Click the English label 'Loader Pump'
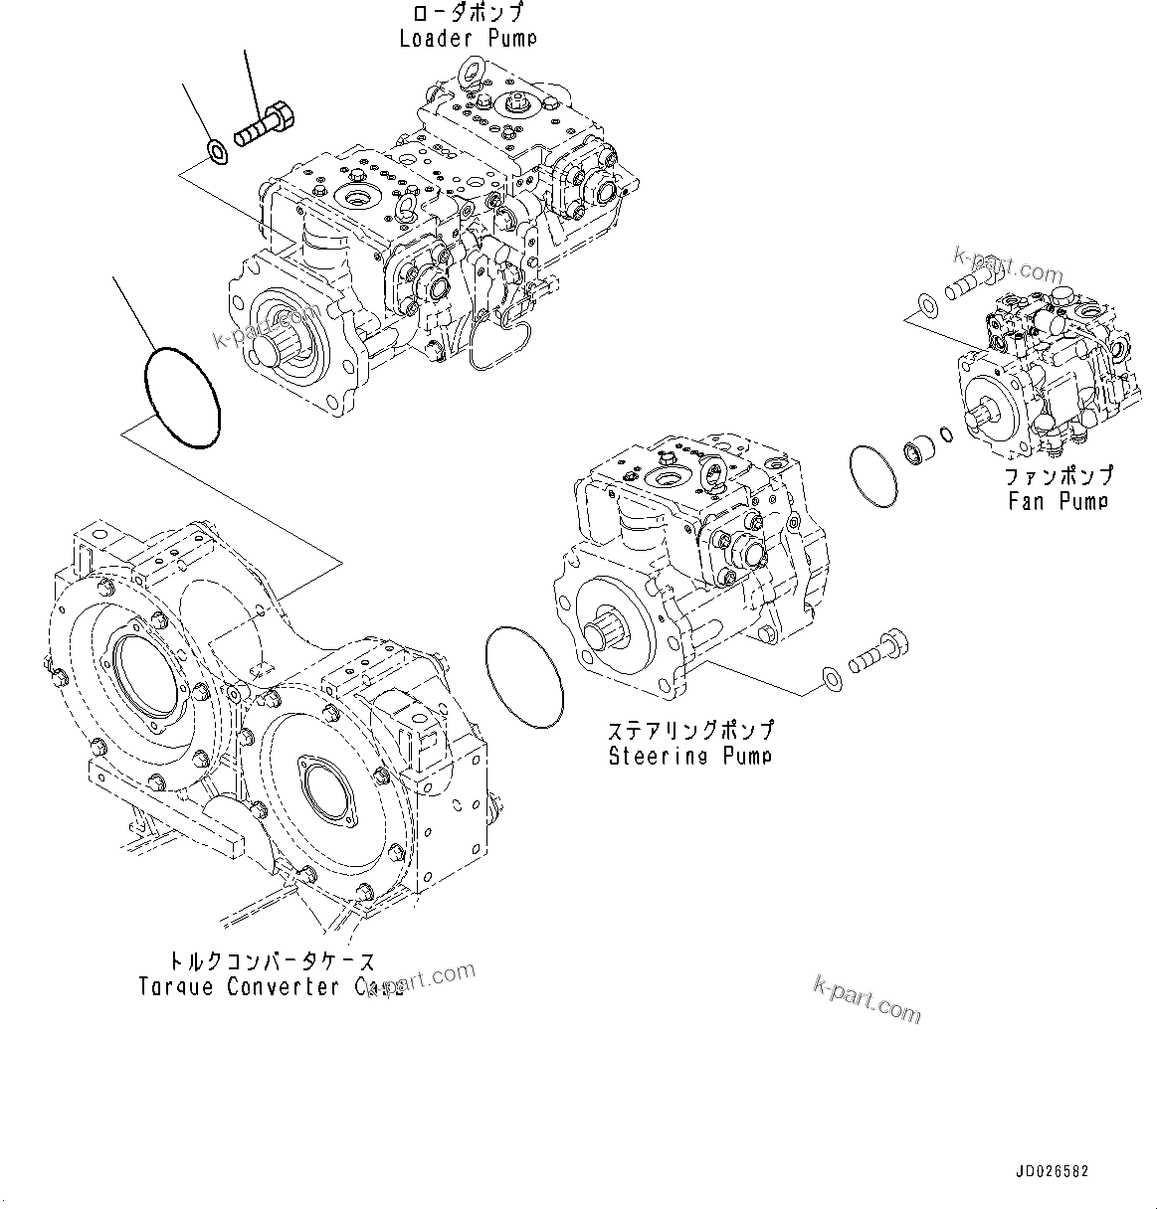click(x=468, y=39)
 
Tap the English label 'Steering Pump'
click(x=689, y=756)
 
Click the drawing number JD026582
click(x=1053, y=1171)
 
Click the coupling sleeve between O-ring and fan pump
click(x=919, y=452)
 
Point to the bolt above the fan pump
click(x=963, y=289)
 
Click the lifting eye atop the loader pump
click(x=468, y=71)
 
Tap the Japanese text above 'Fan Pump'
click(x=1058, y=477)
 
